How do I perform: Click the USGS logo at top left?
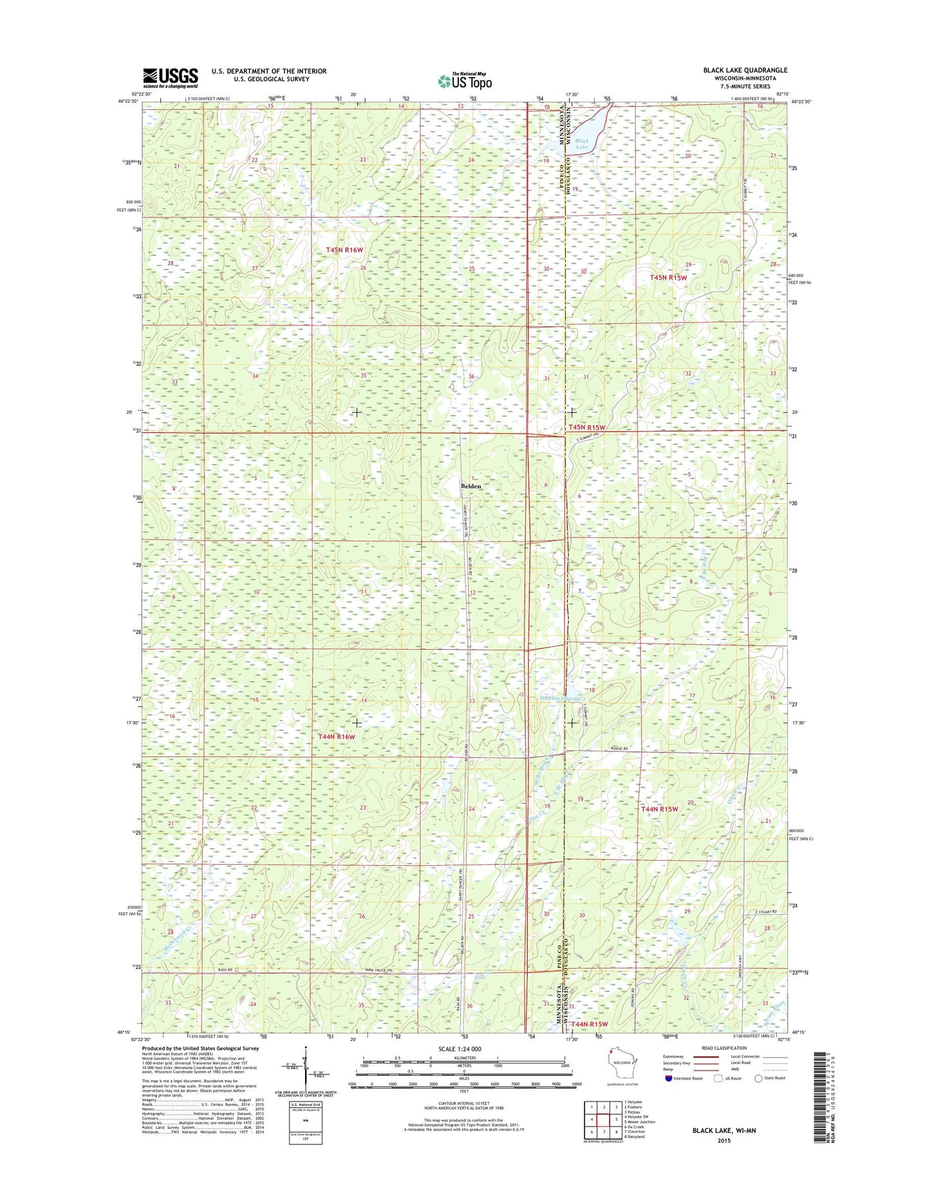(170, 78)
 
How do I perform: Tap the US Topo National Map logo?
(465, 80)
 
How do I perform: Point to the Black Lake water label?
(581, 144)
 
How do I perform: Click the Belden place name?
(471, 486)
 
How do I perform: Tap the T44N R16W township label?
(337, 737)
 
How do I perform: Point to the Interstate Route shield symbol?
(669, 1078)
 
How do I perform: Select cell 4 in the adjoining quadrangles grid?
(591, 1120)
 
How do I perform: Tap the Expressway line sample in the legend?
(706, 1056)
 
